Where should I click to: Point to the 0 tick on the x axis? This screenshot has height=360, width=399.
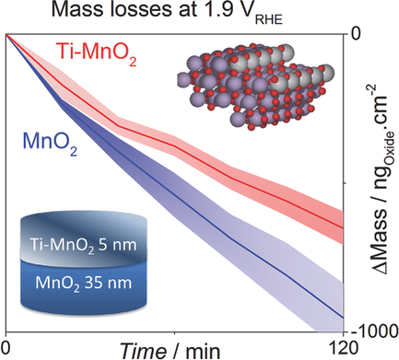click(x=6, y=346)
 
